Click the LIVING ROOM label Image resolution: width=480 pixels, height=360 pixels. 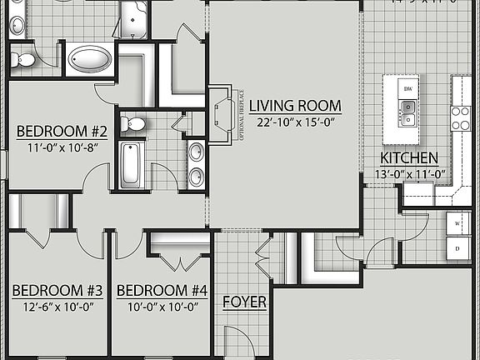296,106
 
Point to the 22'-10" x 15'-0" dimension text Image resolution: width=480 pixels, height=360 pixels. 296,122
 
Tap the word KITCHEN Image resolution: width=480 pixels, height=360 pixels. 409,158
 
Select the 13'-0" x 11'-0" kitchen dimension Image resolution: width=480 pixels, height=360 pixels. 409,175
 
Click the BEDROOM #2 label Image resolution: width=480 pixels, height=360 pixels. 62,131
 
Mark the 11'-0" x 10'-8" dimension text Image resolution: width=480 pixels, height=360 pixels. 62,147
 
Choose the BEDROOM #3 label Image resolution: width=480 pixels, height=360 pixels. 57,291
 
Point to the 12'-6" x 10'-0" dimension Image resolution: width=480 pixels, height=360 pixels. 57,307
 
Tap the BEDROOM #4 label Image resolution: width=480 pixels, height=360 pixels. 161,291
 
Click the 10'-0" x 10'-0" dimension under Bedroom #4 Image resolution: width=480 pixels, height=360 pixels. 161,307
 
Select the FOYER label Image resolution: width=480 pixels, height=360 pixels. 244,302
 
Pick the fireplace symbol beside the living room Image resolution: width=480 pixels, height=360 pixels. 222,113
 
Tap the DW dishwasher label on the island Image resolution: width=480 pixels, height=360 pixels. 408,88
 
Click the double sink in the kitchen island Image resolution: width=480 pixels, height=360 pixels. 408,112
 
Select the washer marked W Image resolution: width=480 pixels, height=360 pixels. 457,225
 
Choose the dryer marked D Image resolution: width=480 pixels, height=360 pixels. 457,248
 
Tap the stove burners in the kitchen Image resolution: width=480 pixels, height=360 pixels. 460,117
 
